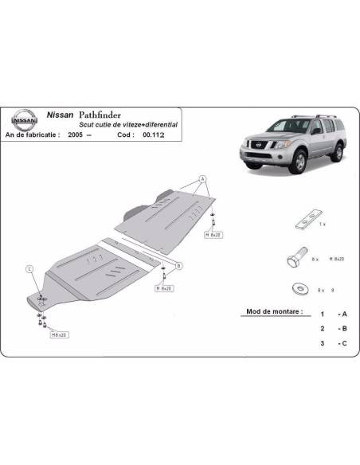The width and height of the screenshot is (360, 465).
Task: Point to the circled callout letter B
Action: pos(179,265)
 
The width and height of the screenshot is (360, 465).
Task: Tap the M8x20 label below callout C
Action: pos(60,335)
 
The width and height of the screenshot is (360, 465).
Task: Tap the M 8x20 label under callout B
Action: pos(166,287)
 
